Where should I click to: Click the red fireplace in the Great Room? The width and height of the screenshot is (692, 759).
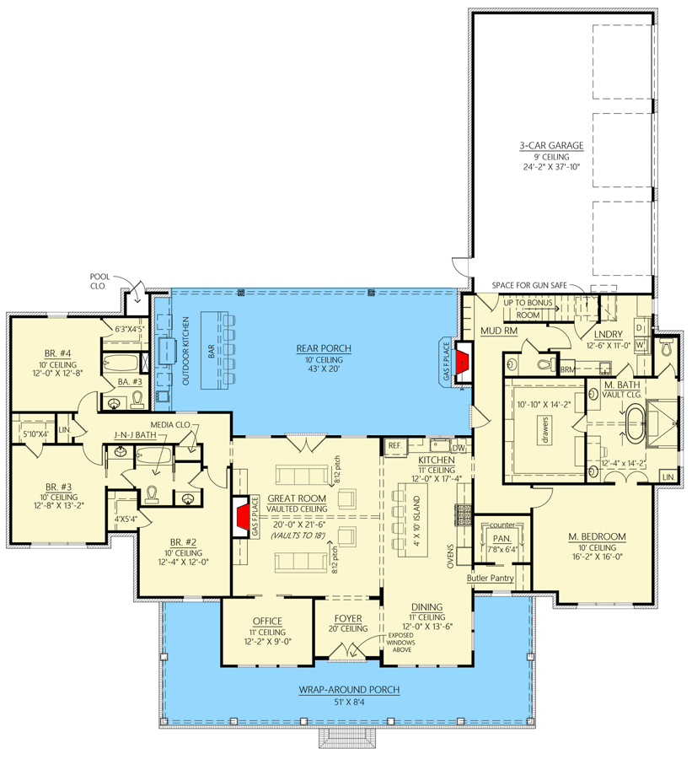242,514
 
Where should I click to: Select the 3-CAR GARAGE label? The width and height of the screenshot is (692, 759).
550,145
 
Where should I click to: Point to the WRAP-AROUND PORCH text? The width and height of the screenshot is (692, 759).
347,689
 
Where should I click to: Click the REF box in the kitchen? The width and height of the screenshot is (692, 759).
394,444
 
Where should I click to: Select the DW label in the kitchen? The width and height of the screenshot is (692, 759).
458,447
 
